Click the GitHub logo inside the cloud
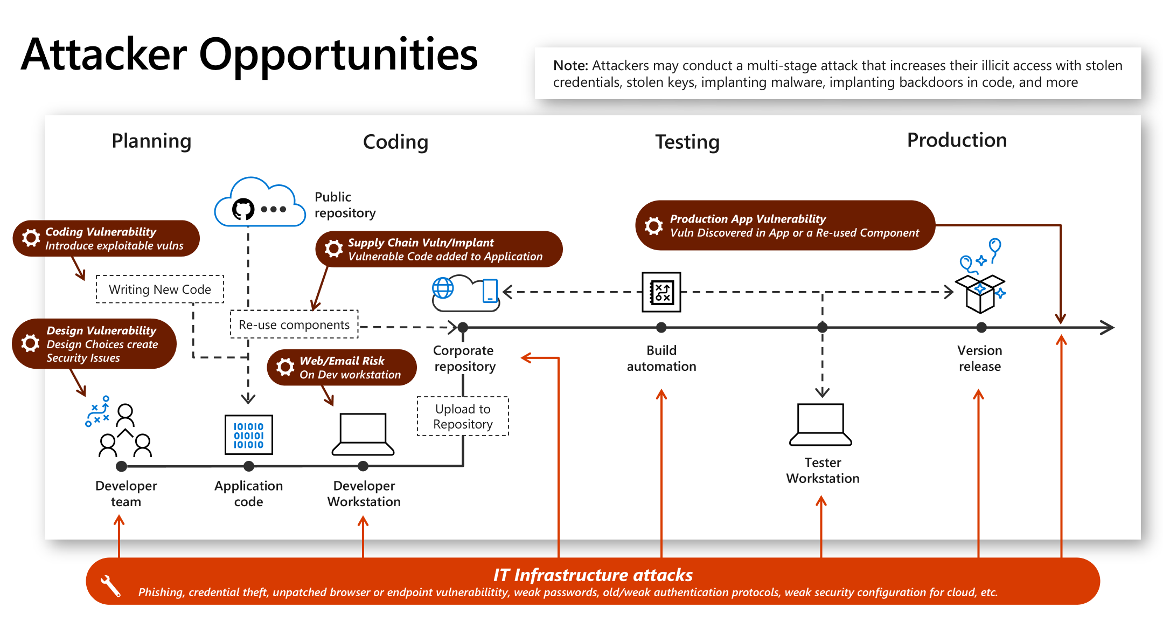(243, 209)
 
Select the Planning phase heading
(151, 141)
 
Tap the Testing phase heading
(687, 142)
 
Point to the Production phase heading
(957, 140)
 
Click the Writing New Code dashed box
(160, 289)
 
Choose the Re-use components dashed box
(294, 325)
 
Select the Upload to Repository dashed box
(463, 416)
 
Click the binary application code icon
(248, 435)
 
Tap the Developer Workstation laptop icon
(363, 434)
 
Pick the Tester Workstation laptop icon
(820, 425)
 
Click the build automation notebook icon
(661, 292)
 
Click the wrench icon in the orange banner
(111, 586)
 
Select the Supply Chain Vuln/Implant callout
(439, 250)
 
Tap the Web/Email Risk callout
(342, 368)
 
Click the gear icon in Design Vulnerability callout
(31, 343)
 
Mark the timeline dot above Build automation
(661, 327)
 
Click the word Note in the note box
(570, 66)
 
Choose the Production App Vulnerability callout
(785, 226)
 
